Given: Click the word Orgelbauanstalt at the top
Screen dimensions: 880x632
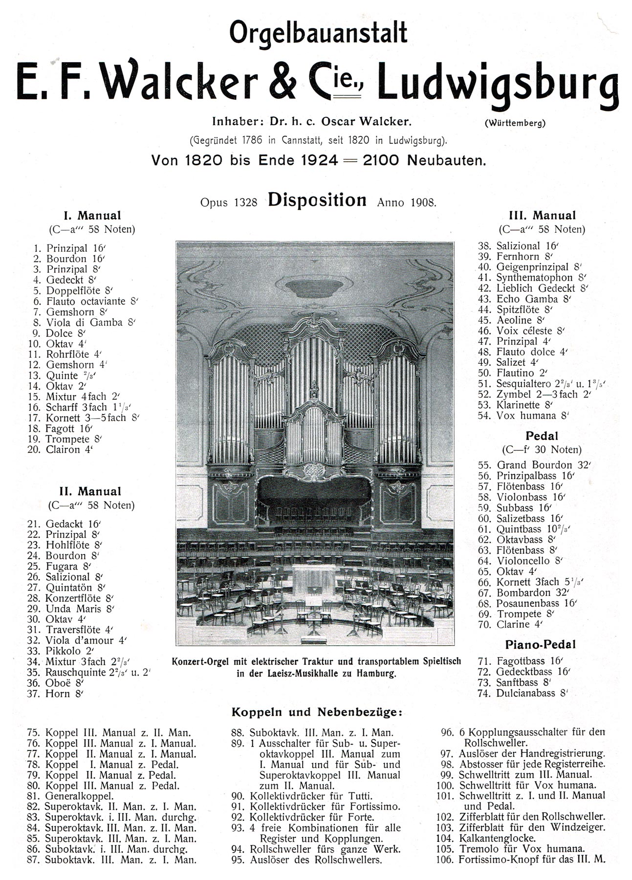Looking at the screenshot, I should pos(318,33).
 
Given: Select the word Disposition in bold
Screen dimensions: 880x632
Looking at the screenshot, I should pos(317,200).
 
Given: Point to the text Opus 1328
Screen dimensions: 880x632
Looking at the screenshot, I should pos(228,202).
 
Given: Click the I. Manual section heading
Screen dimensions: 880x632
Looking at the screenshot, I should pos(92,216).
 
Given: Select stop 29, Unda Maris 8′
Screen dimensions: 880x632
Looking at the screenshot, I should pos(71,609).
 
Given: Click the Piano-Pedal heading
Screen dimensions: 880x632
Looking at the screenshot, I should pos(540,644).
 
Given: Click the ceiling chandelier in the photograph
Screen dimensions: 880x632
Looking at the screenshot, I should pos(315,285).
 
